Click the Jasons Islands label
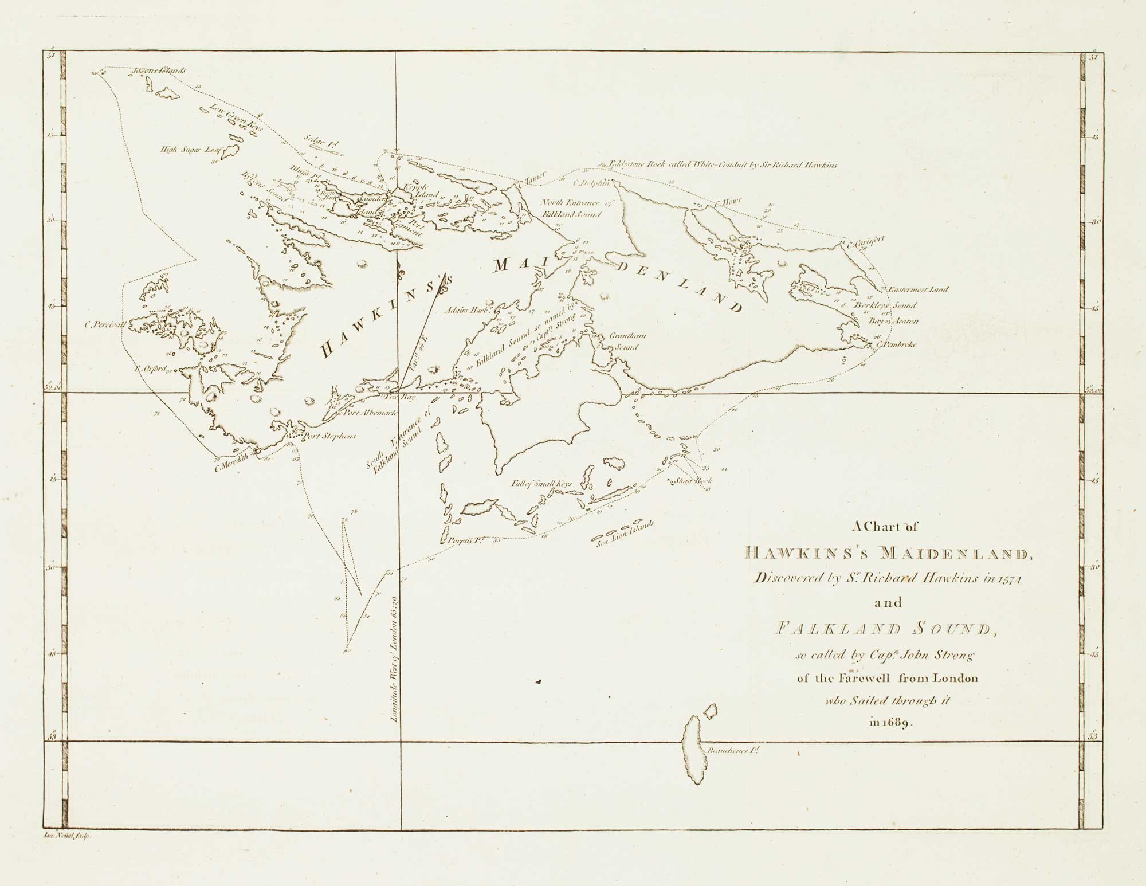tap(151, 71)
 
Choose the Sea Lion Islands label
tap(625, 535)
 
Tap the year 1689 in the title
tap(897, 723)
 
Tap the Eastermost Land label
tap(917, 289)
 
